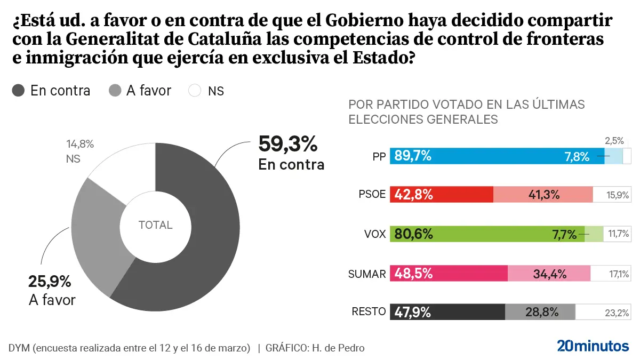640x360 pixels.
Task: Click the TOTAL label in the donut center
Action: [x=155, y=225]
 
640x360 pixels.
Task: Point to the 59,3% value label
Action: [x=287, y=144]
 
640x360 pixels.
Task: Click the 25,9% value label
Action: [x=49, y=282]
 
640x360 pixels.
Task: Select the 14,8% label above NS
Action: [x=80, y=143]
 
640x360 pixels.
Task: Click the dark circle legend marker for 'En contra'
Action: [x=18, y=91]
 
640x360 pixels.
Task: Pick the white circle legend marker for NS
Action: [x=195, y=91]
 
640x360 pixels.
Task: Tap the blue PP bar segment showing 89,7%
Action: [x=496, y=156]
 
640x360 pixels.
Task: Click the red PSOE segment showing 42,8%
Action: [x=442, y=195]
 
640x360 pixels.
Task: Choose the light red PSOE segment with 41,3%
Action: [x=543, y=195]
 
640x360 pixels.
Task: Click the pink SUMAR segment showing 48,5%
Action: [x=449, y=274]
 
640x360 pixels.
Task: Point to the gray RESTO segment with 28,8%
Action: [x=540, y=312]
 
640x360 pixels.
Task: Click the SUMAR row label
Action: [x=366, y=274]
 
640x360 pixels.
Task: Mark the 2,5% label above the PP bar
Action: [x=614, y=141]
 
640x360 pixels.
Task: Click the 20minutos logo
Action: [x=593, y=346]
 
